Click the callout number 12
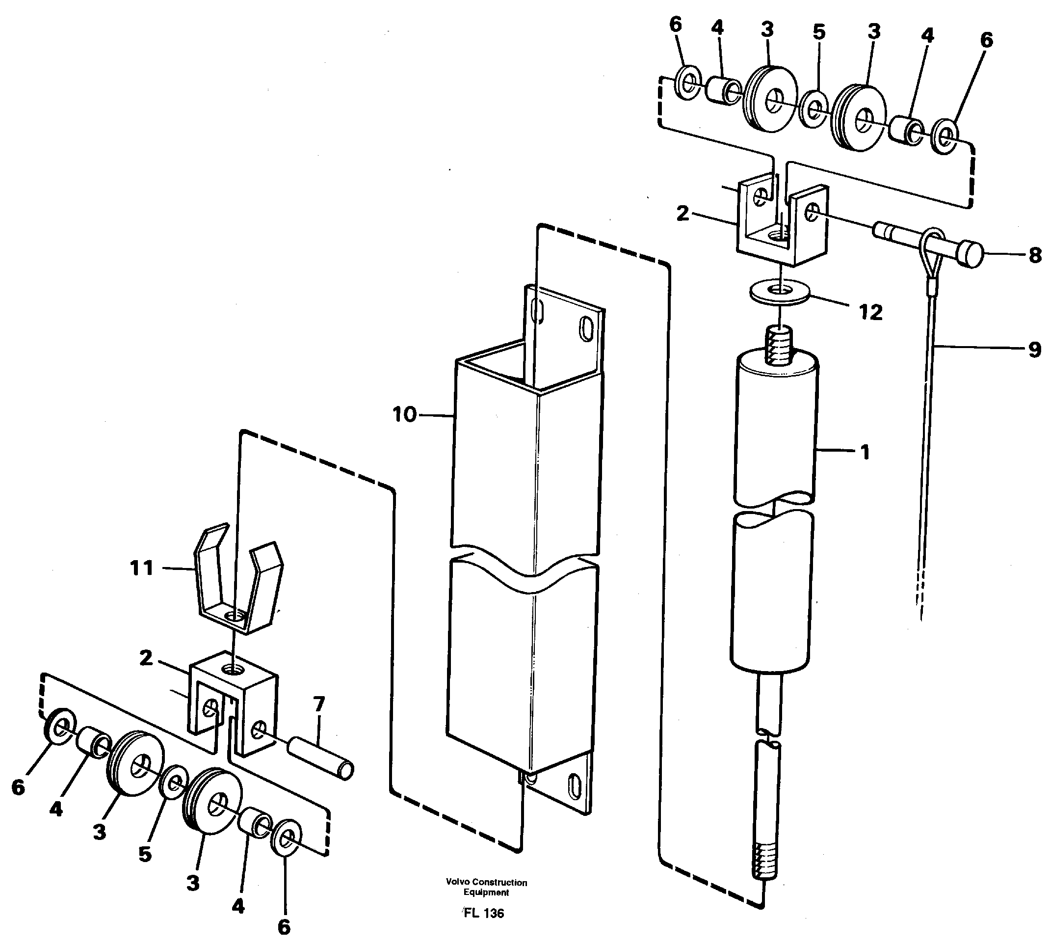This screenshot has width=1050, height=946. coord(871,312)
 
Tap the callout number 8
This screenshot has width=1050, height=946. coord(1034,255)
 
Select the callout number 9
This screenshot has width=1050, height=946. coord(1034,350)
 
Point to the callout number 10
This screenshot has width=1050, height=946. coord(405,414)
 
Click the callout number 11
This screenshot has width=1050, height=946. coord(142,568)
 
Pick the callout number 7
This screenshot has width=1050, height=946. coord(318,704)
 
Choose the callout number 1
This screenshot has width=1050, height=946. coord(865,453)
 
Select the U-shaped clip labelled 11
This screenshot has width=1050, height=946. coord(237,587)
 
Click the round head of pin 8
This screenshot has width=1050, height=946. coord(970,254)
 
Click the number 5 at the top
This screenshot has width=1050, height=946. coord(819,32)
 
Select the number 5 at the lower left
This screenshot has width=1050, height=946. coord(144,854)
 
